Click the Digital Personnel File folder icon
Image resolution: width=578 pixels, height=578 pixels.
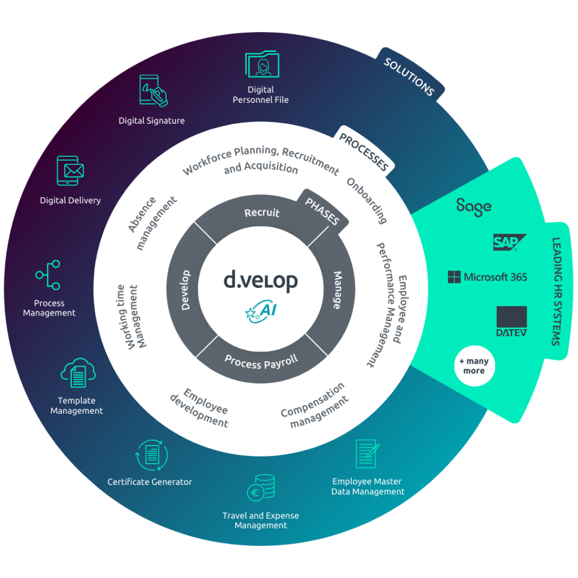click(x=262, y=64)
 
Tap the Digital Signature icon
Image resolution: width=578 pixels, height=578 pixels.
click(x=153, y=90)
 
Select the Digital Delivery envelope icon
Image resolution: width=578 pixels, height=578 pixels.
click(x=71, y=170)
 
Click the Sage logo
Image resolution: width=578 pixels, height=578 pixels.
click(x=474, y=207)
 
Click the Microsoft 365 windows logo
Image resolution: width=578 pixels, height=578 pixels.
click(x=454, y=277)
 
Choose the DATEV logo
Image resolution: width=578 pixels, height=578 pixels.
click(x=511, y=321)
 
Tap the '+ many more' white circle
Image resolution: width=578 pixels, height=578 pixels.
click(x=474, y=366)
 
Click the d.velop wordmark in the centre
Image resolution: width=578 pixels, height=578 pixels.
click(x=260, y=281)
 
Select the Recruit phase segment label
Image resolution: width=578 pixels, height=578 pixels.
click(x=262, y=213)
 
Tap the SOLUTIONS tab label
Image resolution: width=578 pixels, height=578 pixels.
click(x=409, y=77)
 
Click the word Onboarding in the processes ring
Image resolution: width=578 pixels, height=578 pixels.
click(x=367, y=200)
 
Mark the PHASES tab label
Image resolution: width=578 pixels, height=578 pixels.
click(x=321, y=211)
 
